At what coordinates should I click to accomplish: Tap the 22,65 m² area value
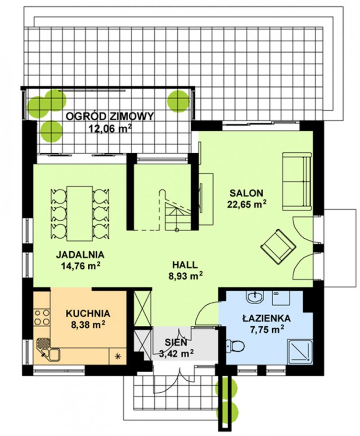pyautogui.click(x=247, y=204)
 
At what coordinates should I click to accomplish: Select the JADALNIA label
pyautogui.click(x=80, y=254)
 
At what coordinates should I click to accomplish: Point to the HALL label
pyautogui.click(x=185, y=264)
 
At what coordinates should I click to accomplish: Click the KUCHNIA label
pyautogui.click(x=88, y=313)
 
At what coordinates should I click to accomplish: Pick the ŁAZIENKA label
pyautogui.click(x=266, y=318)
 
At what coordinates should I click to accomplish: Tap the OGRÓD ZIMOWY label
pyautogui.click(x=110, y=116)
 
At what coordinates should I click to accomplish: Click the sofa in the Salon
pyautogui.click(x=297, y=181)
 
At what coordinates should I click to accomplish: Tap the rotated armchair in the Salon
pyautogui.click(x=278, y=247)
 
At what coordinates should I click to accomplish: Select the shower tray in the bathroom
pyautogui.click(x=300, y=351)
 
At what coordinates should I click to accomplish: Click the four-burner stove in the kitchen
pyautogui.click(x=42, y=317)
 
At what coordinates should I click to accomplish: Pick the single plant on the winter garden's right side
pyautogui.click(x=179, y=101)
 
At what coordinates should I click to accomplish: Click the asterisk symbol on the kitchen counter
pyautogui.click(x=118, y=356)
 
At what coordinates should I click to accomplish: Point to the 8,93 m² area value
pyautogui.click(x=185, y=276)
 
